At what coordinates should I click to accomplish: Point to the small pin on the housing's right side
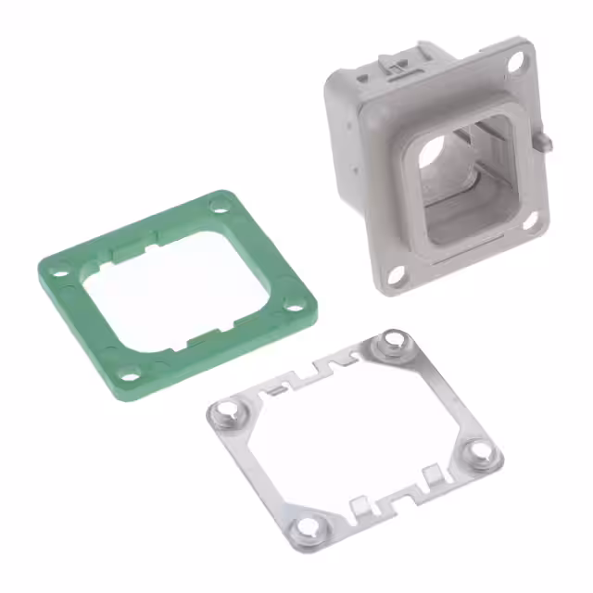coord(547,142)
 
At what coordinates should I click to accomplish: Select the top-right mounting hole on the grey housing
coord(517,62)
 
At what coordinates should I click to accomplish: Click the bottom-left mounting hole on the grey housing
coord(394,274)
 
